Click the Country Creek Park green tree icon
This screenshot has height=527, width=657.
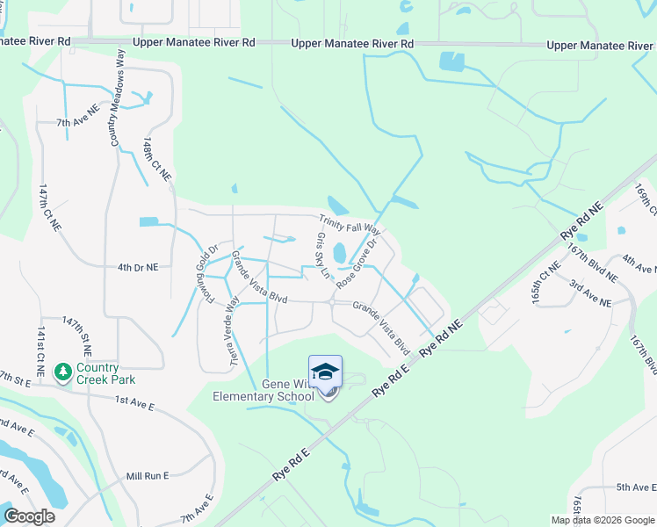click(62, 372)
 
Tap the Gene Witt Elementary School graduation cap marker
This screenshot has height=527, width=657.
click(325, 372)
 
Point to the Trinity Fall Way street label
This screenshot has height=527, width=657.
click(354, 226)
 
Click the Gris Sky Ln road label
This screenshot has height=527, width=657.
click(321, 256)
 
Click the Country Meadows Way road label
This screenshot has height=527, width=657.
click(115, 97)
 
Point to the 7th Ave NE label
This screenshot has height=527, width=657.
click(76, 123)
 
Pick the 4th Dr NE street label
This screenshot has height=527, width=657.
click(137, 267)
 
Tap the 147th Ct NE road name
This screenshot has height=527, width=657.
click(49, 207)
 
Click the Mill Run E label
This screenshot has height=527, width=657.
click(147, 475)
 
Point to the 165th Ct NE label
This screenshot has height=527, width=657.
click(545, 281)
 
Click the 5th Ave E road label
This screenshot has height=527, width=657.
click(636, 487)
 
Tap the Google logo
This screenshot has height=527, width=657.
click(29, 516)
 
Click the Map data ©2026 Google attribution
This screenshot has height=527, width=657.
click(603, 520)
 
